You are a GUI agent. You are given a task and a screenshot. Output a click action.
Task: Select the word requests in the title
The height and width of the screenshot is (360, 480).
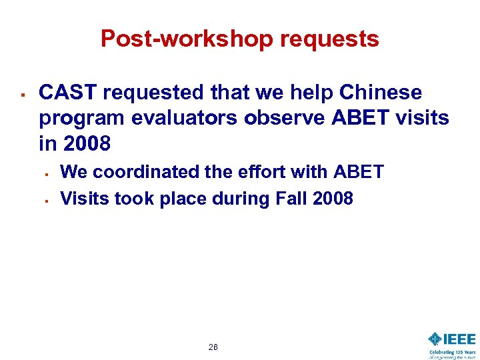pyautogui.click(x=329, y=40)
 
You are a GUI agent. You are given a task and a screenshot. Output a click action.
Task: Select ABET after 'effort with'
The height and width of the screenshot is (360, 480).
pyautogui.click(x=358, y=172)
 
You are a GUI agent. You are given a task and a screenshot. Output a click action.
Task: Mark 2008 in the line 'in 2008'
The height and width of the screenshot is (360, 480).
pyautogui.click(x=87, y=144)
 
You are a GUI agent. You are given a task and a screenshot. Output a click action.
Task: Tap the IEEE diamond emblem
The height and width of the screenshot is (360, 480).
pyautogui.click(x=436, y=339)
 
